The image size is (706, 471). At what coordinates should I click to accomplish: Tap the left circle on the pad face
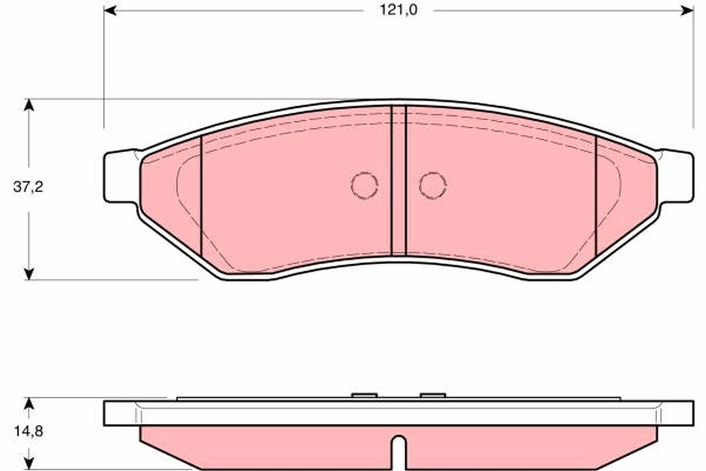tap(364, 185)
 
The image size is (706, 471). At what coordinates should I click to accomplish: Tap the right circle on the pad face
tap(432, 185)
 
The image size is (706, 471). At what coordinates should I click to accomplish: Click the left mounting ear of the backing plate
tap(121, 177)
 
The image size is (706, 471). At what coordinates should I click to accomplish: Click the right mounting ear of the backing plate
tap(677, 177)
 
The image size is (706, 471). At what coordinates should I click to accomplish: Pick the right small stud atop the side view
tap(432, 396)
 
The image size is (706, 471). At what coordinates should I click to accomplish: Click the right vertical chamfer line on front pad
tap(597, 197)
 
